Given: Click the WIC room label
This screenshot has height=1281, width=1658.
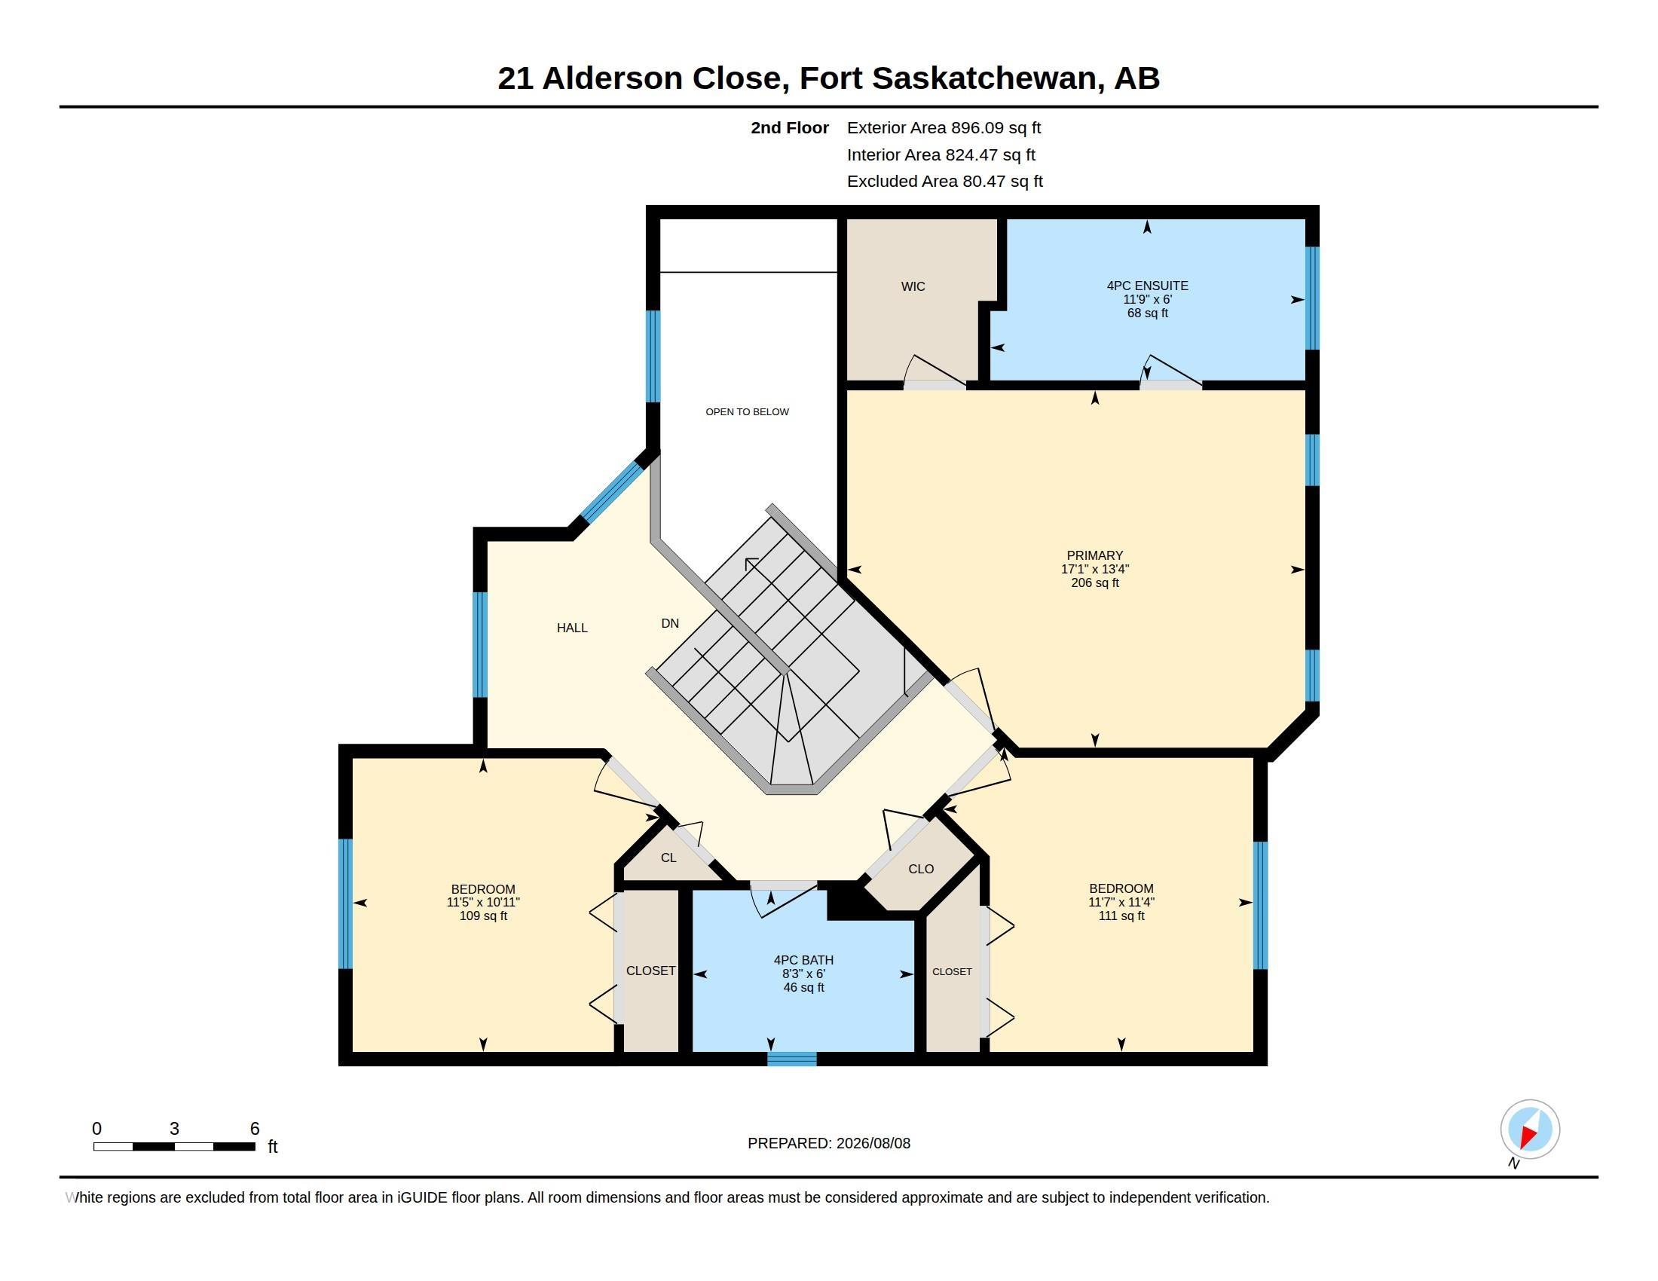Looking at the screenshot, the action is pyautogui.click(x=913, y=286).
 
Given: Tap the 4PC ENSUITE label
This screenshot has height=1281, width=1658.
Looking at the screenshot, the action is pyautogui.click(x=1147, y=286).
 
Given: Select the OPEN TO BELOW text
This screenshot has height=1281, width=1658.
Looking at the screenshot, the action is pyautogui.click(x=747, y=411).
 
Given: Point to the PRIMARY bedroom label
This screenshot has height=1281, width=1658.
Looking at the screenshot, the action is pyautogui.click(x=1095, y=555).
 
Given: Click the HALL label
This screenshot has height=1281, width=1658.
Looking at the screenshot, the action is pyautogui.click(x=572, y=628).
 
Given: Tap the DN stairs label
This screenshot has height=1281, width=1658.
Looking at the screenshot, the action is pyautogui.click(x=669, y=623).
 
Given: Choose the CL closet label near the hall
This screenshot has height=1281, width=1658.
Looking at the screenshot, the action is pyautogui.click(x=668, y=858).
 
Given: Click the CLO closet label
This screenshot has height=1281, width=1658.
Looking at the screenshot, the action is pyautogui.click(x=921, y=869).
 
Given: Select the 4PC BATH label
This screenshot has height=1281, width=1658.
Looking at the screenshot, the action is pyautogui.click(x=803, y=960).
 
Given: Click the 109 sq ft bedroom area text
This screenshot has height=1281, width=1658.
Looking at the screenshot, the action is pyautogui.click(x=483, y=916).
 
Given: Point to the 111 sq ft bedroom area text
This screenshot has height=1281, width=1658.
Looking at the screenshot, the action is pyautogui.click(x=1121, y=916).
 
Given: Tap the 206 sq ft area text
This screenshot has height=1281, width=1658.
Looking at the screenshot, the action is pyautogui.click(x=1095, y=582).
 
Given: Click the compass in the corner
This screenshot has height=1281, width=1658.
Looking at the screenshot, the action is pyautogui.click(x=1530, y=1130).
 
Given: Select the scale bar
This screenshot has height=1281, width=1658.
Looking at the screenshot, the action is pyautogui.click(x=174, y=1147).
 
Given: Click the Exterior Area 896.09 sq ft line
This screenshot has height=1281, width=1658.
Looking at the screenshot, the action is pyautogui.click(x=944, y=127).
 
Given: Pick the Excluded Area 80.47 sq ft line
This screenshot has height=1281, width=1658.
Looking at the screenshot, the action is pyautogui.click(x=944, y=182).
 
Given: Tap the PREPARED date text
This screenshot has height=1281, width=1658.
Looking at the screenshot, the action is pyautogui.click(x=829, y=1143).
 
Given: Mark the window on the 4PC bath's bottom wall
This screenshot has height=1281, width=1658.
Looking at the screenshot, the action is pyautogui.click(x=792, y=1059).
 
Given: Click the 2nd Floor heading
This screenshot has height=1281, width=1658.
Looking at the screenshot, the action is pyautogui.click(x=790, y=127).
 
